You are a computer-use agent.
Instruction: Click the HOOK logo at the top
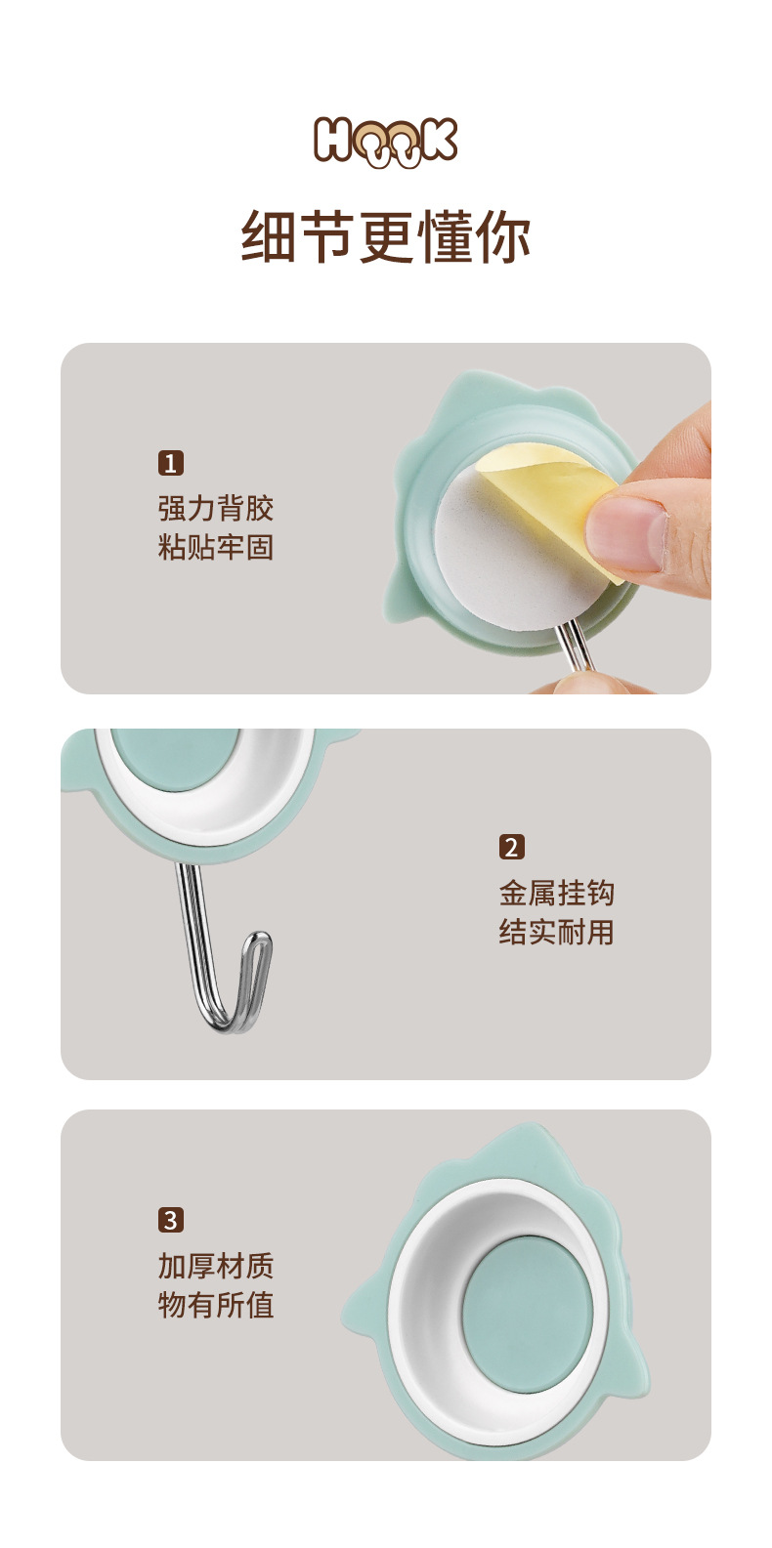[x=385, y=142]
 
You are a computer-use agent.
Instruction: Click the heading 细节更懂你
[x=385, y=237]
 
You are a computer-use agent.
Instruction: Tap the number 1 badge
[x=171, y=462]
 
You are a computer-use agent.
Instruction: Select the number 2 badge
[x=511, y=847]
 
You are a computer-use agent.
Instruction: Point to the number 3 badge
[x=171, y=1220]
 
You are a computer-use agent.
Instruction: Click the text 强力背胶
[x=215, y=508]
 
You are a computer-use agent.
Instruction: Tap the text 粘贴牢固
[x=215, y=547]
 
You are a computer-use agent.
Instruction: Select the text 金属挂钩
[x=556, y=893]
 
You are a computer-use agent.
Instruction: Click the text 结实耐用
[x=556, y=932]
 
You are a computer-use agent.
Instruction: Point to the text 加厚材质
[x=215, y=1266]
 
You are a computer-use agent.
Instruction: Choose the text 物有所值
[x=215, y=1305]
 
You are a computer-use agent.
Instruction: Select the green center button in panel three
[x=522, y=1316]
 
